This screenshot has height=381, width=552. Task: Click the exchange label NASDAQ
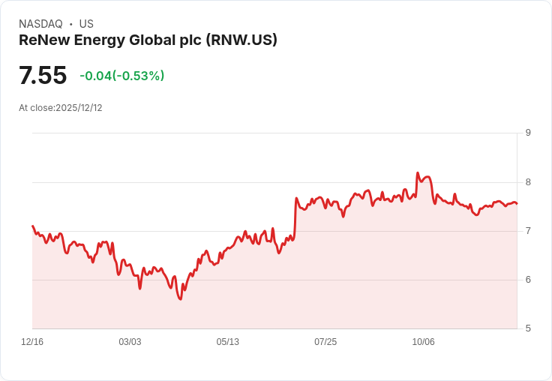click(x=40, y=24)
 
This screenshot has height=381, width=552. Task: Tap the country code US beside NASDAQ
click(x=86, y=24)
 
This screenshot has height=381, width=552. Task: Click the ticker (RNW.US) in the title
click(x=241, y=40)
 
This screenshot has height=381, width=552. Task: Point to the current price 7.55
click(x=43, y=76)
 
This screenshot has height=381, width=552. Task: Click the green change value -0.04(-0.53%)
click(x=122, y=76)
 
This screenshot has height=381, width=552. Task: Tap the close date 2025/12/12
click(x=79, y=108)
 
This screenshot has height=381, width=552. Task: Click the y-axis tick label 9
click(x=528, y=133)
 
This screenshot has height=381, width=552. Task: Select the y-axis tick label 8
click(x=528, y=182)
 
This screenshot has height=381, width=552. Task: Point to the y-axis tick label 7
click(x=528, y=231)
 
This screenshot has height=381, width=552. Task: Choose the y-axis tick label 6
click(x=528, y=280)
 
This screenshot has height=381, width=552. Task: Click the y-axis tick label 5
click(x=528, y=328)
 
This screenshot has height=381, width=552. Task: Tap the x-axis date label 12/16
click(x=32, y=342)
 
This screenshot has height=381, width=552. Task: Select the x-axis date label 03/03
click(x=130, y=342)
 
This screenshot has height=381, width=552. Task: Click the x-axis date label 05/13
click(x=228, y=342)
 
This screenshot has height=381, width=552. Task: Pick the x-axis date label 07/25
click(x=325, y=342)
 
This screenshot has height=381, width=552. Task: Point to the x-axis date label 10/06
click(x=423, y=342)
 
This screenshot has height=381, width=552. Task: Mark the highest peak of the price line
click(x=418, y=173)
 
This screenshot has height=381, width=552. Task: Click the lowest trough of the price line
click(x=180, y=299)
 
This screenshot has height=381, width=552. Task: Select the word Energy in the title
click(x=100, y=40)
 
